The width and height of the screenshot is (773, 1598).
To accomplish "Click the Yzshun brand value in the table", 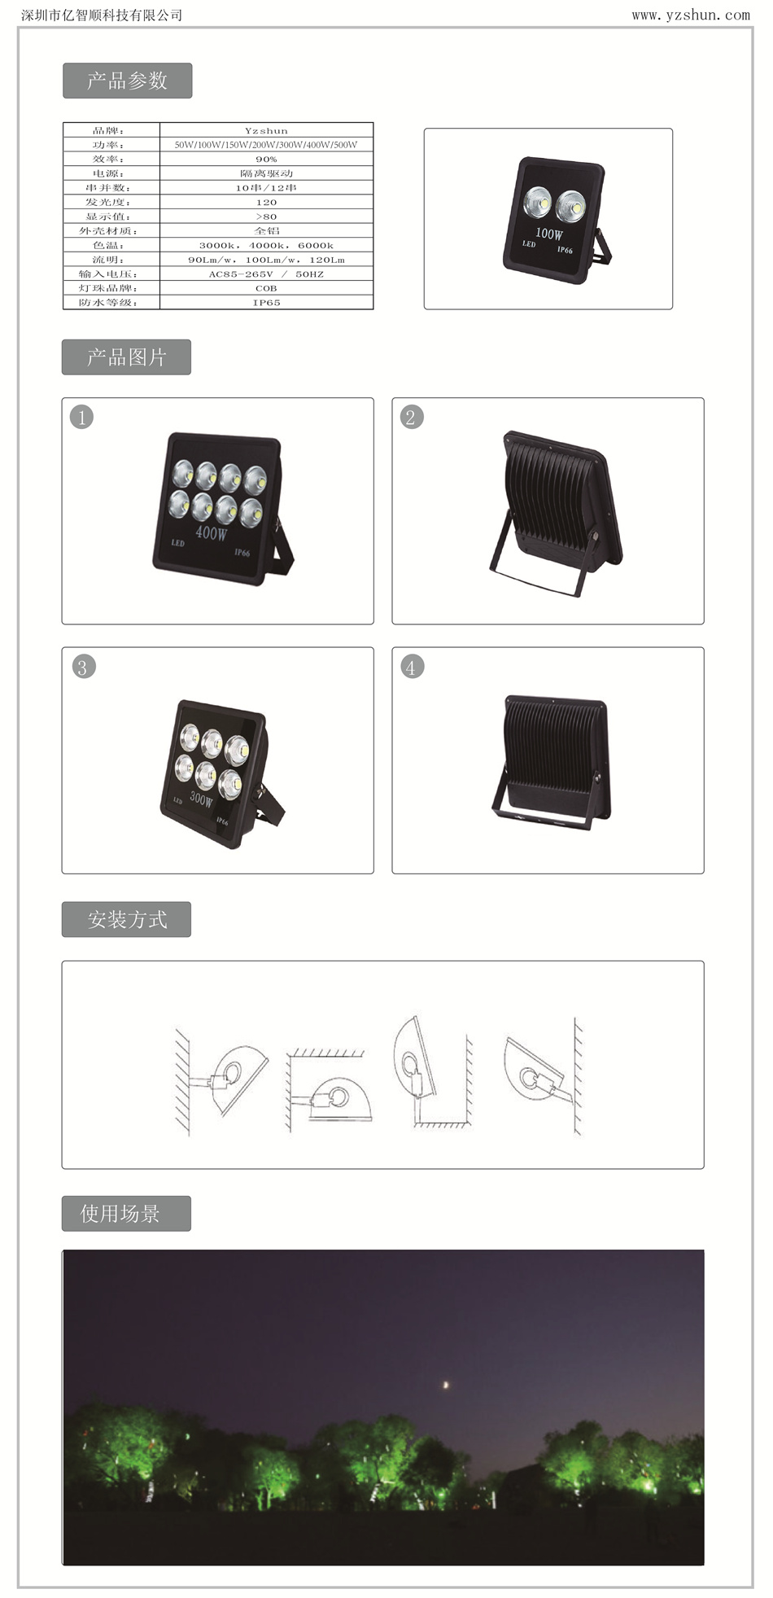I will click(x=266, y=130).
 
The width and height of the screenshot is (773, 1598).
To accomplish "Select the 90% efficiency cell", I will click(x=266, y=160).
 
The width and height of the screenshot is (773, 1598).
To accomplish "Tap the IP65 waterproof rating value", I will click(x=266, y=303).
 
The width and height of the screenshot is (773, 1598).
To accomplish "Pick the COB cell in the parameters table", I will click(x=266, y=288).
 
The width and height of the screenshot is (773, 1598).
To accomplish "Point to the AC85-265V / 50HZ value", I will click(x=266, y=274).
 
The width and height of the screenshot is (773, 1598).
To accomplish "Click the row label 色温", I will click(x=109, y=245).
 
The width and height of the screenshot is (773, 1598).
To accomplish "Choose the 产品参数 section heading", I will click(x=127, y=81).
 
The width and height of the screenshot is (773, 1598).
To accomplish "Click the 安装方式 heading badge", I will click(x=126, y=920).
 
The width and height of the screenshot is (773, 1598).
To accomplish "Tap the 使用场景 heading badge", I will click(x=126, y=1214).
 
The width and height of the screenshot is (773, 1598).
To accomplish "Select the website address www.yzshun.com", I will click(x=691, y=15).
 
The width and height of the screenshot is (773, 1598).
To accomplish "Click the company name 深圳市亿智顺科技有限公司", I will click(x=102, y=15).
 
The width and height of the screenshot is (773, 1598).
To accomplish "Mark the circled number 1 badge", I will click(x=82, y=418).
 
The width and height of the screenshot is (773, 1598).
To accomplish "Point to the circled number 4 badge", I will click(x=413, y=668).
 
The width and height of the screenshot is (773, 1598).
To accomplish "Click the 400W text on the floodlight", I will click(x=212, y=533).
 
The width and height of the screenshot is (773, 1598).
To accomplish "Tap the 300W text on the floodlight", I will click(x=201, y=798).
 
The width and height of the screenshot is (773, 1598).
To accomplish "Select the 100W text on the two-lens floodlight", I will click(x=548, y=234).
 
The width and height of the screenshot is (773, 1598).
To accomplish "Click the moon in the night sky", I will click(x=445, y=1384).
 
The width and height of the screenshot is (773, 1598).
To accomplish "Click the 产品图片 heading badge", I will click(x=126, y=357).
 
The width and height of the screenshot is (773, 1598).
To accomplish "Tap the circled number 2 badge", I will click(x=411, y=418).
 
